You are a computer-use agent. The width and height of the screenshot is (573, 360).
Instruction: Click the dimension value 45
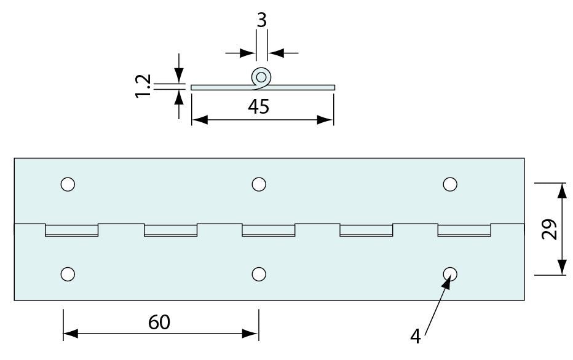pyautogui.click(x=259, y=106)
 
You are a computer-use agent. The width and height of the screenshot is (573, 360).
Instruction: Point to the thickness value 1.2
pyautogui.click(x=143, y=85)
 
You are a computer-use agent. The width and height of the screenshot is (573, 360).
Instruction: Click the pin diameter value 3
pyautogui.click(x=261, y=20)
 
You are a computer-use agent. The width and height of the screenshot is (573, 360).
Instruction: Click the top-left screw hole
pyautogui.click(x=68, y=184)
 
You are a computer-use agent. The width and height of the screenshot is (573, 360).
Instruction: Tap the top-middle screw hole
pyautogui.click(x=259, y=184)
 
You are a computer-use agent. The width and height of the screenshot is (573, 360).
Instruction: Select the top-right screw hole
pyautogui.click(x=449, y=184)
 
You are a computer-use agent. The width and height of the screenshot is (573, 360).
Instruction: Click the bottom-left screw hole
pyautogui.click(x=68, y=274)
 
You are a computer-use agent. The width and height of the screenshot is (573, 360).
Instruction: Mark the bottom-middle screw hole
pyautogui.click(x=259, y=274)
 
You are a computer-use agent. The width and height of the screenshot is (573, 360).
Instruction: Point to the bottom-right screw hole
pyautogui.click(x=449, y=274)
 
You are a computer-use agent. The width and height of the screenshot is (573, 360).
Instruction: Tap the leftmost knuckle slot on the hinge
pyautogui.click(x=71, y=230)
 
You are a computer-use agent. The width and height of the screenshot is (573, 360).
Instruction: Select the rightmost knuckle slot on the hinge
pyautogui.click(x=464, y=230)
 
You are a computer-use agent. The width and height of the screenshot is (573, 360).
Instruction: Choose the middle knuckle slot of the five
pyautogui.click(x=268, y=230)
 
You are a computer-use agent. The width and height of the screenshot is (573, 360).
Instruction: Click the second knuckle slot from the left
pyautogui.click(x=170, y=230)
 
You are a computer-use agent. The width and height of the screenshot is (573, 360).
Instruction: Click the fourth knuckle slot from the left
pyautogui.click(x=366, y=230)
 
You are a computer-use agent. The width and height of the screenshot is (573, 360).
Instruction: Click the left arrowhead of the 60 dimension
pyautogui.click(x=69, y=334)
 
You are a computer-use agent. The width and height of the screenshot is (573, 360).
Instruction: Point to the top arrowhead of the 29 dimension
pyautogui.click(x=561, y=189)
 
